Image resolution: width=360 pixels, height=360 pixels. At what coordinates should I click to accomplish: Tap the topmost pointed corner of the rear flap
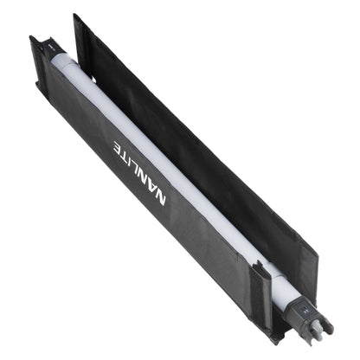coord(76,15)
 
